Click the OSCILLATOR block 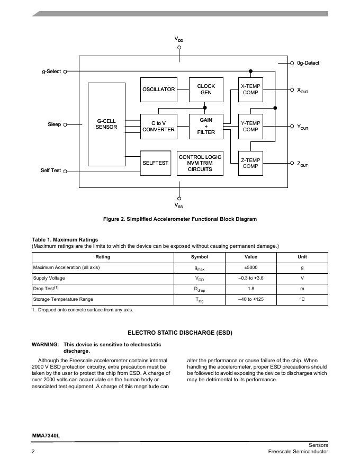pos(158,89)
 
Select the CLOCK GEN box pos(206,89)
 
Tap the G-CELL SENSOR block pos(106,124)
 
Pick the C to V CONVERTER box pos(158,126)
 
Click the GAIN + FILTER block pos(206,126)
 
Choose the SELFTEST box pos(155,163)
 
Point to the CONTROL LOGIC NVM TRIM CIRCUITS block pos(200,163)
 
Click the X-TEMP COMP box pos(250,89)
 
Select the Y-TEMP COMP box pos(250,126)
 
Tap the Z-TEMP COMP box pos(250,163)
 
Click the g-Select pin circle pos(65,71)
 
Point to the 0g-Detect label pos(308,63)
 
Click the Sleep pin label pos(54,124)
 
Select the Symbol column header pos(200,257)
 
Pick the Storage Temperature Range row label pos(63,299)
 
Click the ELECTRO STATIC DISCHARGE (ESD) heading pos(180,333)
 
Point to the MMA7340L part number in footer pos(46,436)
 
